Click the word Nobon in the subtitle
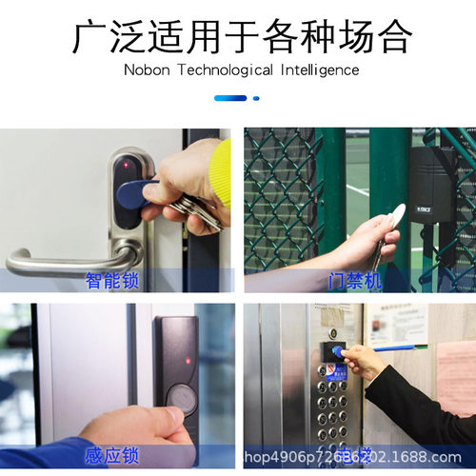point(145,69)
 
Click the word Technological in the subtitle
point(225,69)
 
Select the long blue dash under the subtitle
point(230,97)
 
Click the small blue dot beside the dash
point(257,97)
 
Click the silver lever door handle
point(67,258)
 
